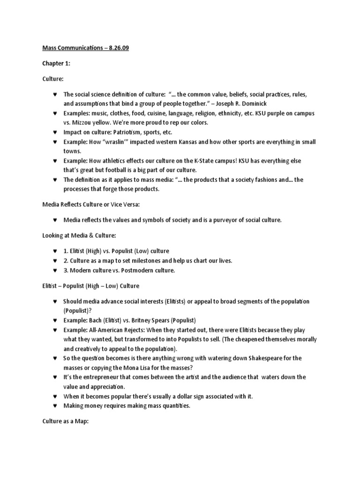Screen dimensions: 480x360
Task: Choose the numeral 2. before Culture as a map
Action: (66, 261)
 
